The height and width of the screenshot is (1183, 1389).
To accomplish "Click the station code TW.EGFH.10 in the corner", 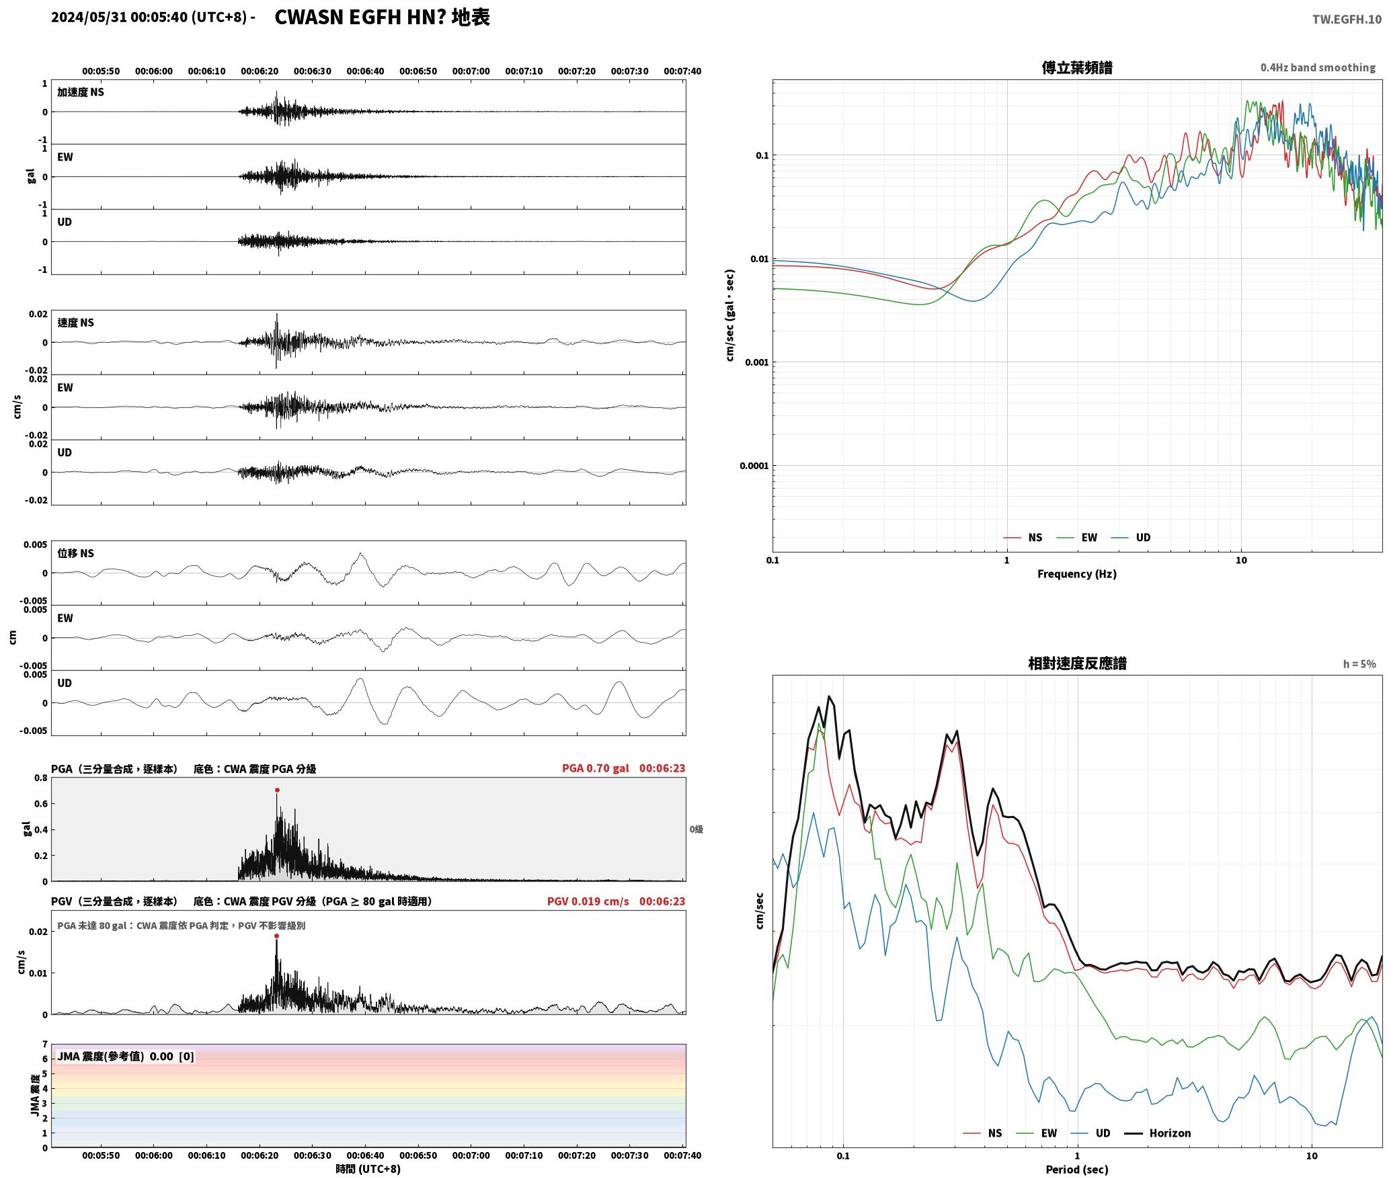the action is point(1347,19).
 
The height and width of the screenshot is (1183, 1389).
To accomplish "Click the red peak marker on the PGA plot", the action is point(277,790).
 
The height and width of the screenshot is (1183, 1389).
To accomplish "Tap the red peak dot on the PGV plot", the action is point(276,936).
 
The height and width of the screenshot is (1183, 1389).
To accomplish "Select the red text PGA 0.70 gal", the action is point(595,768).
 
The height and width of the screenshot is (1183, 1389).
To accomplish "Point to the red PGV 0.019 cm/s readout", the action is point(588,901).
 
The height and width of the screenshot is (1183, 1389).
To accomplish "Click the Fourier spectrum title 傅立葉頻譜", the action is point(1076,68).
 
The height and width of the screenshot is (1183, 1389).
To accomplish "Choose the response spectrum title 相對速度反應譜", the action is point(1077,663).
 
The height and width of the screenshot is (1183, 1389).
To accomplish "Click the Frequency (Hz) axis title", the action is point(1076,574).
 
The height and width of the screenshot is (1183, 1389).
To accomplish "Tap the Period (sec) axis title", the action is point(1076,1170).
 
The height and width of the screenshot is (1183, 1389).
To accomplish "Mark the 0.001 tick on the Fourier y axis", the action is point(756,362).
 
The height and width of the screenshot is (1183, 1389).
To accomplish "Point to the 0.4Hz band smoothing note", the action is point(1318,68).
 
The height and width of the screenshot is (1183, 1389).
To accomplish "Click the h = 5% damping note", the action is point(1359,664).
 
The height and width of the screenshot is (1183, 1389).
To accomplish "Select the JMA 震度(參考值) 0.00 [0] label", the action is point(126,1057).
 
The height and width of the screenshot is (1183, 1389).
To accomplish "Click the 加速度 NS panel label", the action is point(81,92).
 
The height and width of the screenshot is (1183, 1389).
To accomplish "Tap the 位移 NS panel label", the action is point(75,553).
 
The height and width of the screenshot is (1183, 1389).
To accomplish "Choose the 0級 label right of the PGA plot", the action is point(696,829).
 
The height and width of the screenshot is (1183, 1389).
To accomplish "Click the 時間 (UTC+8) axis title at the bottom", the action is point(368,1170).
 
